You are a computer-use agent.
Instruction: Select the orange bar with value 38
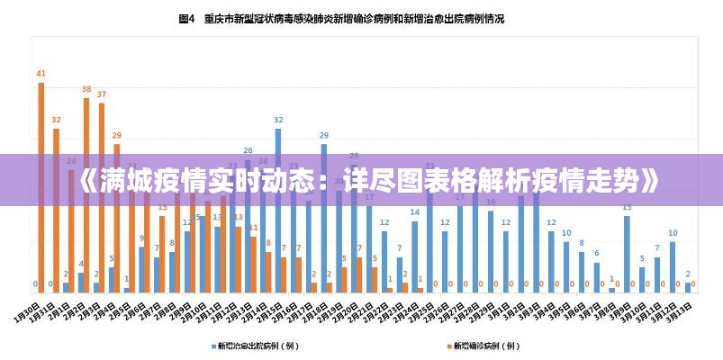(x=86, y=193)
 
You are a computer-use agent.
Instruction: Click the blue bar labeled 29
(x=323, y=216)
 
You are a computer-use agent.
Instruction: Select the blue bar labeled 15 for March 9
(x=627, y=253)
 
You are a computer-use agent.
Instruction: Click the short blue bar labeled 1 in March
(x=611, y=289)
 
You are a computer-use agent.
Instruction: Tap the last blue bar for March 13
(x=688, y=287)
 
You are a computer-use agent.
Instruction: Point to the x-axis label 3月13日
(x=680, y=314)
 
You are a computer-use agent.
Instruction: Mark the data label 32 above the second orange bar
(x=56, y=119)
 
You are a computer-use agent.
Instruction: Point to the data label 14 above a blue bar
(x=414, y=212)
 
